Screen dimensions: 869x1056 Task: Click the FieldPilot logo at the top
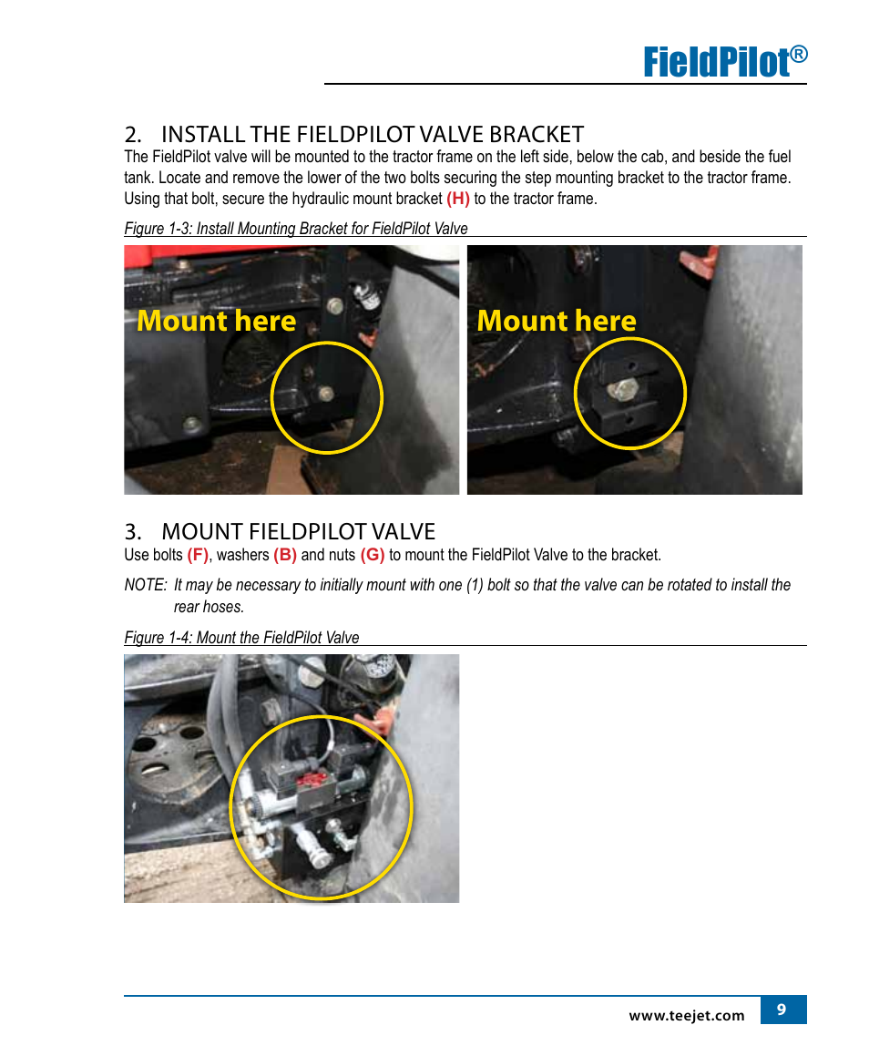725,61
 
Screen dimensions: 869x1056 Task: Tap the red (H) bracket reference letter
457,199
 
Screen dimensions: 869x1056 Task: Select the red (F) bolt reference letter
198,555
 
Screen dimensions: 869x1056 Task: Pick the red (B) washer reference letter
285,555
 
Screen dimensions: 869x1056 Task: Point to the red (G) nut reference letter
373,555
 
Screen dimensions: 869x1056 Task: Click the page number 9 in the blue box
782,1009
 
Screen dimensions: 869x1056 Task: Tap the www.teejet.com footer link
687,1015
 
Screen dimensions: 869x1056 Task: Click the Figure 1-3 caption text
295,229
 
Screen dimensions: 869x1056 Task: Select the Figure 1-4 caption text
241,637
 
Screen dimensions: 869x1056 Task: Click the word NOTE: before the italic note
146,585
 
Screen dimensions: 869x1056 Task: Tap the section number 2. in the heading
133,134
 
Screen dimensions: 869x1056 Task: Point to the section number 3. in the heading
133,531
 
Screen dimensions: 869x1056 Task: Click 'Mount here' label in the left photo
216,321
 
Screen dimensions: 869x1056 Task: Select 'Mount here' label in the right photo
557,321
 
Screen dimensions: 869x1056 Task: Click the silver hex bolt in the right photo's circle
624,389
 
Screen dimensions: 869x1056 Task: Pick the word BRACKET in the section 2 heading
537,134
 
